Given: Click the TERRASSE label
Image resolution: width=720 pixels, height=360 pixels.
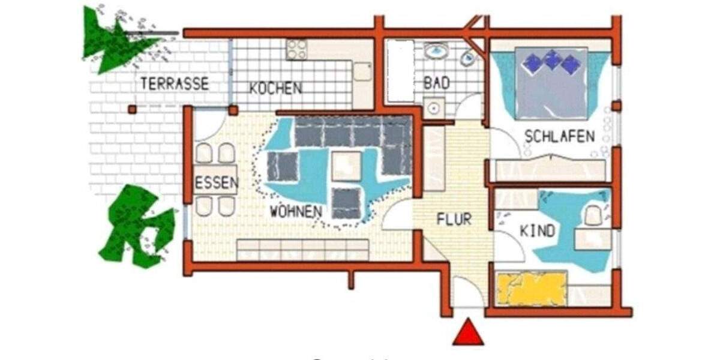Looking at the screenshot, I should pyautogui.click(x=175, y=83).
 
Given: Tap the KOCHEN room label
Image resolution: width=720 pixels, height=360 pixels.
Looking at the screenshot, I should pyautogui.click(x=275, y=88).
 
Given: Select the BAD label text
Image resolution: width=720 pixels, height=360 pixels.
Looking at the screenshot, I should pyautogui.click(x=436, y=83).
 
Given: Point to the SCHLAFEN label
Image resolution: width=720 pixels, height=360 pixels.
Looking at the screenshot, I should pyautogui.click(x=559, y=136).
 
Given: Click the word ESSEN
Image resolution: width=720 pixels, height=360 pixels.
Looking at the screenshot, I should pyautogui.click(x=215, y=184).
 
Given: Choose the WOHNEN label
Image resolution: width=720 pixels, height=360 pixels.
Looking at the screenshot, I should pyautogui.click(x=295, y=211).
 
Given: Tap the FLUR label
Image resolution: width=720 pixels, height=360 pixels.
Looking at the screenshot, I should pyautogui.click(x=454, y=220).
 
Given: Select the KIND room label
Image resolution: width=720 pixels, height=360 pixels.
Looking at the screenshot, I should pyautogui.click(x=537, y=231).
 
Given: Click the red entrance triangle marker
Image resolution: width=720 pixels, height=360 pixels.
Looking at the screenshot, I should pyautogui.click(x=468, y=333).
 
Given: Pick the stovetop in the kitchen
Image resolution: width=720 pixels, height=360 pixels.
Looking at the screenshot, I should pyautogui.click(x=296, y=49).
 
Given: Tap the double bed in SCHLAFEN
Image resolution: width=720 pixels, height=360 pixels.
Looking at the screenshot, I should pyautogui.click(x=551, y=82).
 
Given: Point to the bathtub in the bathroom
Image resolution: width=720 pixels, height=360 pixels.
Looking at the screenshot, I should pyautogui.click(x=400, y=70).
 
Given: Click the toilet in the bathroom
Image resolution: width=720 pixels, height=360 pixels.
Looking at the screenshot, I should pyautogui.click(x=467, y=58).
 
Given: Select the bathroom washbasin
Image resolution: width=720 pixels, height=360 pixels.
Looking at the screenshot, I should pyautogui.click(x=437, y=50).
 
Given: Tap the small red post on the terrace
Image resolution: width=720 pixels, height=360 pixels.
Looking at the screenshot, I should pyautogui.click(x=132, y=109).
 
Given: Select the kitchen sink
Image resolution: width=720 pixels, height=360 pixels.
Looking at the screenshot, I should pyautogui.click(x=362, y=71).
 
